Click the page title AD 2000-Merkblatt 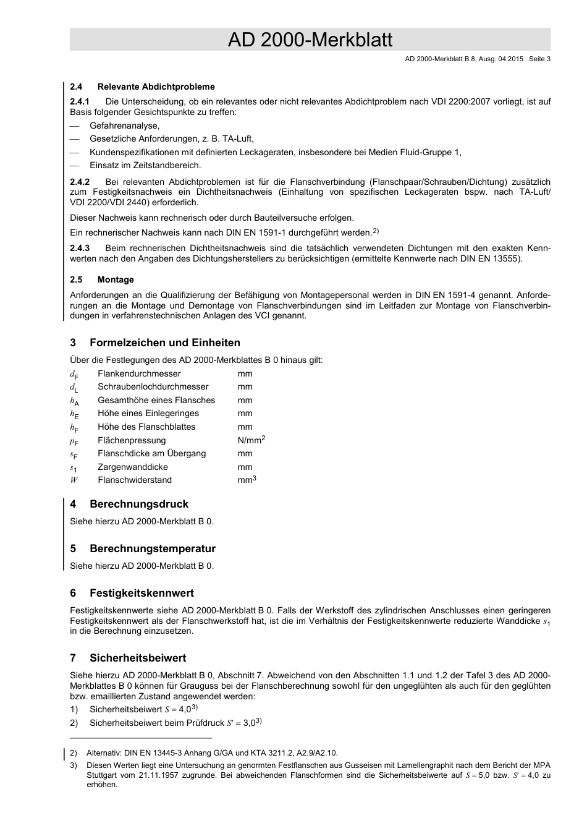310,40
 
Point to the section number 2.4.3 80,248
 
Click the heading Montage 116,279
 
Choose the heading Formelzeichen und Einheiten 164,343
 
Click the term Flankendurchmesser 139,373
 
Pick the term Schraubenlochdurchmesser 153,387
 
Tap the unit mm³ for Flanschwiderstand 247,480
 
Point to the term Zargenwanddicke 132,467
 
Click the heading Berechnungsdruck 138,504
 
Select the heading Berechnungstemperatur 152,548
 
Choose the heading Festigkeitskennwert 141,593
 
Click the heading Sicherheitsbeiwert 137,658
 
